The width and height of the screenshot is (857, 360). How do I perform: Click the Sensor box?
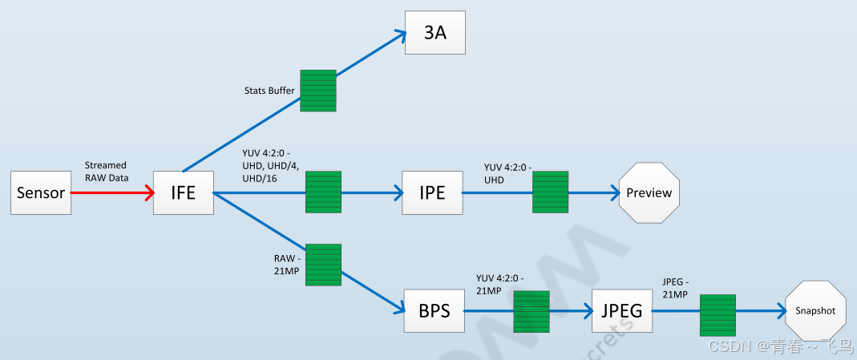[41, 192]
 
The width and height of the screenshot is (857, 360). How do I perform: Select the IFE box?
[184, 192]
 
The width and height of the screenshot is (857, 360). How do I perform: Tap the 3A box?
[435, 33]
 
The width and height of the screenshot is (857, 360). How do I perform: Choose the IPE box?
[432, 193]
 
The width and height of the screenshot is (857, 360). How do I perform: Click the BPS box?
[435, 311]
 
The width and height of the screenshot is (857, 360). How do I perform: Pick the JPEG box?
[622, 311]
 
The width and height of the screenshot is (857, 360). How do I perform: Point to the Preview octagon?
[649, 193]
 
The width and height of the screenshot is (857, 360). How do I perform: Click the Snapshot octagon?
[815, 311]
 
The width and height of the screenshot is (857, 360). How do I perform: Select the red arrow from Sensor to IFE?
[112, 193]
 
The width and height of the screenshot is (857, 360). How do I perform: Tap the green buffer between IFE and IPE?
[324, 192]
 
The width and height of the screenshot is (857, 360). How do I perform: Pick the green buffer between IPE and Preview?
[551, 192]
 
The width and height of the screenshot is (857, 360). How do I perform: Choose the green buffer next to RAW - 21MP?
[324, 265]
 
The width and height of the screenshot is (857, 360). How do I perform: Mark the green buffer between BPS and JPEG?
[531, 312]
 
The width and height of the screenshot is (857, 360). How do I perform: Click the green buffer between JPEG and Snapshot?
[718, 315]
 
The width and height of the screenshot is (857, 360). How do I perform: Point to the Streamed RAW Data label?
[105, 172]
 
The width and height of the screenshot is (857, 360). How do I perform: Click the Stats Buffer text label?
[269, 91]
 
